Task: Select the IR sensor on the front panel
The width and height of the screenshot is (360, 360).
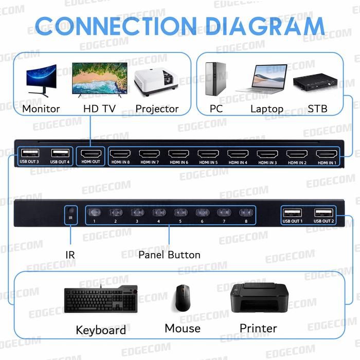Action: click(x=71, y=211)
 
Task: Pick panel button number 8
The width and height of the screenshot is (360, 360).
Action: click(x=246, y=212)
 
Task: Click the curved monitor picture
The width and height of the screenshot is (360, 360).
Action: click(x=41, y=80)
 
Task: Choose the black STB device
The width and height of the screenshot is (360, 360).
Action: click(x=316, y=82)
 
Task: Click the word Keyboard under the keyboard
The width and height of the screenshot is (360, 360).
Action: click(x=101, y=330)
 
